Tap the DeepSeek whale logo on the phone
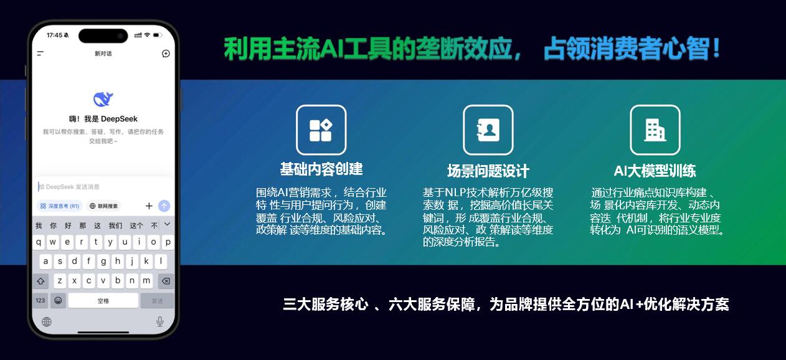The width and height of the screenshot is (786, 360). point(103,99)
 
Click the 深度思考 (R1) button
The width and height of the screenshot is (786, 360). point(60,206)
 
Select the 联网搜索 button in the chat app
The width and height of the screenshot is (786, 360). point(103,206)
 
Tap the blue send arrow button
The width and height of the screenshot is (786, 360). point(164,206)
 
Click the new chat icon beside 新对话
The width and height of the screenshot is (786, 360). point(166,54)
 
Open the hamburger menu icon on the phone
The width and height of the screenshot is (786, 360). point(40,54)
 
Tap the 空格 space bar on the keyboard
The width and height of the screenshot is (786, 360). point(103,300)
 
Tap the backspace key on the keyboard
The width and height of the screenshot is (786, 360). point(166,281)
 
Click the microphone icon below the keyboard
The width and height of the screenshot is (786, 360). point(160,321)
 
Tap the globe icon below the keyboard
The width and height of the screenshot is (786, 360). point(47,321)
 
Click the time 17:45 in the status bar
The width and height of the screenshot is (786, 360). point(54,36)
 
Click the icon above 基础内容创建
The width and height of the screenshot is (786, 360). point(321,130)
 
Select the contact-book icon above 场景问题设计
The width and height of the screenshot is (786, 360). point(488,130)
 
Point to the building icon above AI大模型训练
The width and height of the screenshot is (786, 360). point(655,130)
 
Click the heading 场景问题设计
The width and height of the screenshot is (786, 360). point(488,171)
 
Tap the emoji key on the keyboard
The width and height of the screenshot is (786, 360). point(58,300)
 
